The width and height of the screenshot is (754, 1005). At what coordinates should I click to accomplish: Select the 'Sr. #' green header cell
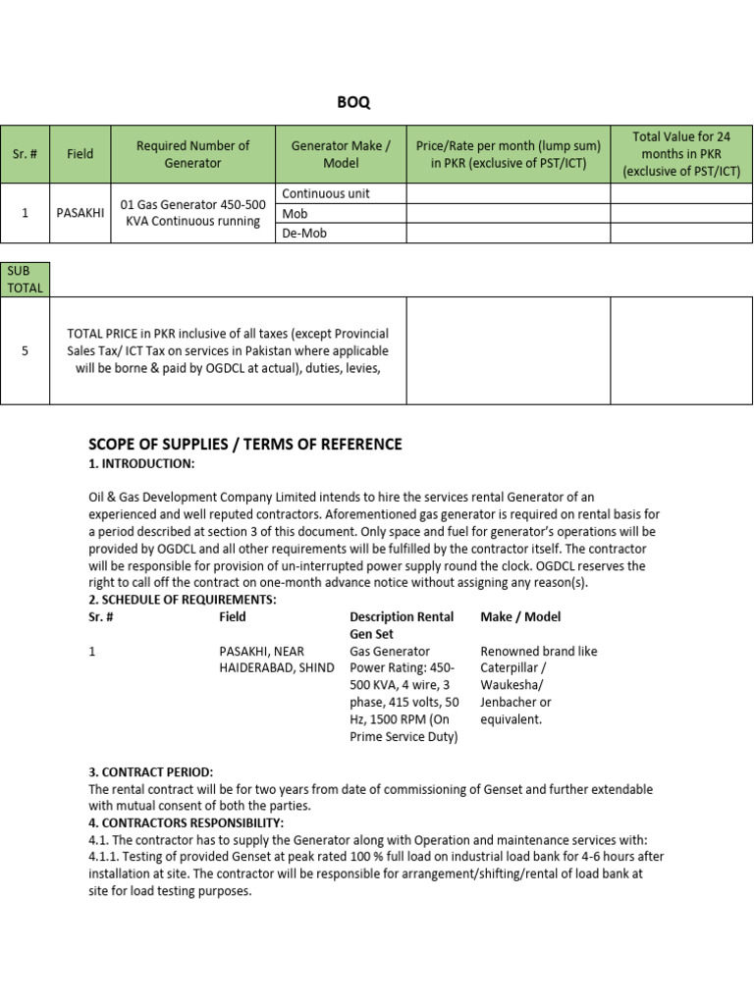click(25, 154)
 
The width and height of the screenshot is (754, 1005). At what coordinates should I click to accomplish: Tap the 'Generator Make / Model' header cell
click(341, 154)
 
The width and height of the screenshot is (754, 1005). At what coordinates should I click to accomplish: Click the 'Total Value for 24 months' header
click(681, 154)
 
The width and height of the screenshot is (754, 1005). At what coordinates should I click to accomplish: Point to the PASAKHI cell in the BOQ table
click(81, 213)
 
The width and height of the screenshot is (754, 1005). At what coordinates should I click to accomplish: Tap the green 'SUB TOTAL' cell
click(25, 279)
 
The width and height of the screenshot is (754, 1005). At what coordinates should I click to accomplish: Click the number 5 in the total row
click(25, 350)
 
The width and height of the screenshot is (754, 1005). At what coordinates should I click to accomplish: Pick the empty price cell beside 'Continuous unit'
click(508, 193)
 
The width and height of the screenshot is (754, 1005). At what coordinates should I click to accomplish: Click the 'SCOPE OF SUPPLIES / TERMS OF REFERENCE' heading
click(245, 445)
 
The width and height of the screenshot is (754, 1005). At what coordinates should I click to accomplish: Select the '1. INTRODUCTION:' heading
click(141, 463)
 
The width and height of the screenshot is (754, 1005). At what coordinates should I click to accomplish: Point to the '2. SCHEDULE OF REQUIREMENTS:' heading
click(183, 600)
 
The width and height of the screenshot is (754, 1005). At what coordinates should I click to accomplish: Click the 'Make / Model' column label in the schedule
click(520, 616)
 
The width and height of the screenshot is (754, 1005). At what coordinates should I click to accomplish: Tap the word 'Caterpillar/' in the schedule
click(513, 668)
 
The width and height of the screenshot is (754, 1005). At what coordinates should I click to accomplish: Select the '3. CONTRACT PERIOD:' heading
click(150, 772)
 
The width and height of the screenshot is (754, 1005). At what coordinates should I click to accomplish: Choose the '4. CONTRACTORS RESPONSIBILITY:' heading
click(187, 822)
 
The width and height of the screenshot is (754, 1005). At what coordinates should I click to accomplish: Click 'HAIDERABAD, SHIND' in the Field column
click(277, 668)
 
